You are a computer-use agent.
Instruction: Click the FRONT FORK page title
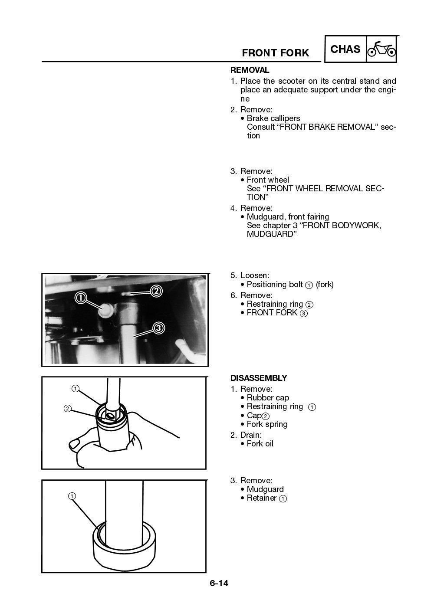pos(275,53)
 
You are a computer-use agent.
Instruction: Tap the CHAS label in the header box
pos(345,49)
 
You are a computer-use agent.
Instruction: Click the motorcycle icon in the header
pos(381,49)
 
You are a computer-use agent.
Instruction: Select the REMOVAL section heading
pos(250,70)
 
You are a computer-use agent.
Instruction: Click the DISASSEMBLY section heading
pos(258,378)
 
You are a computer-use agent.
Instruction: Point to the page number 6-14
pos(219,583)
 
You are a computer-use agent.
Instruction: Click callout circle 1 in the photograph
pos(81,297)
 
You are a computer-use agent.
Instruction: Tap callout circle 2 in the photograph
pos(156,291)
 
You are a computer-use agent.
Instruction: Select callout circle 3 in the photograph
pos(159,328)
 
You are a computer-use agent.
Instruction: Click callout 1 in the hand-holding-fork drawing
pos(75,388)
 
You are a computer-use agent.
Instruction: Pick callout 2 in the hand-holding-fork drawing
pos(67,408)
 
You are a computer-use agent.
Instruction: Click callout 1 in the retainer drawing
pos(72,496)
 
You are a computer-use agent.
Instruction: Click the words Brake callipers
pos(273,118)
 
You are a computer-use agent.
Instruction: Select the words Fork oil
pos(260,444)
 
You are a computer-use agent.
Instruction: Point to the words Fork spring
pos(267,424)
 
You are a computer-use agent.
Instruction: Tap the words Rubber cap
pos(268,398)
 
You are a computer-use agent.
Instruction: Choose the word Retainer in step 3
pos(261,498)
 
